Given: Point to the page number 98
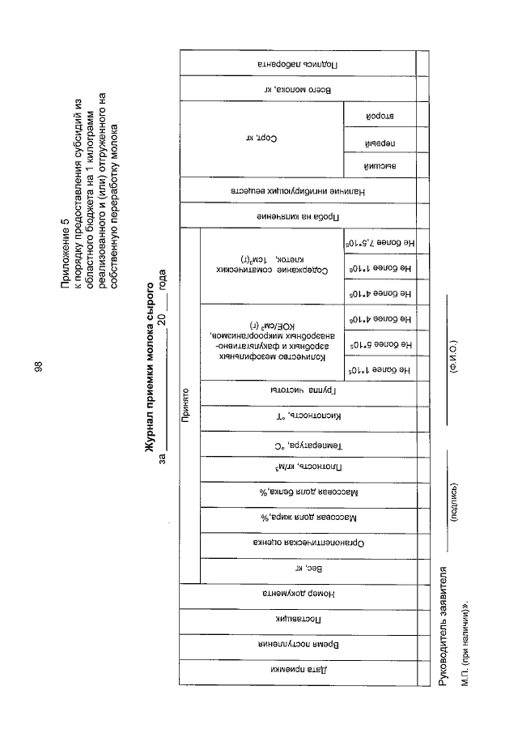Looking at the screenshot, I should pyautogui.click(x=38, y=366).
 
